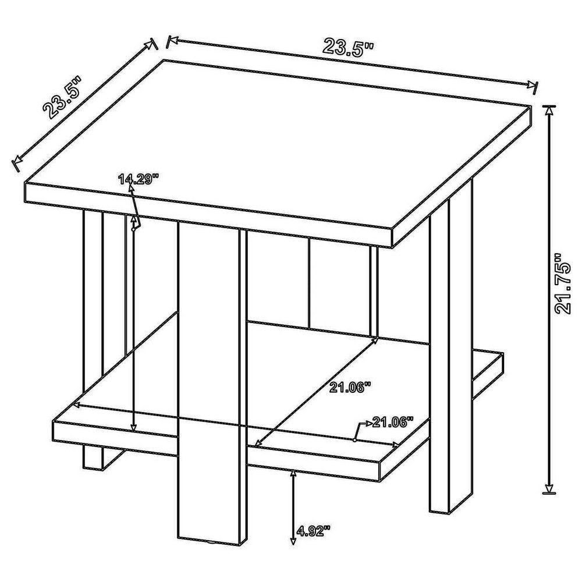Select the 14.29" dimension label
pos(139,179)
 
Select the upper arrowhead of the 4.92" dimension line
pos(293,474)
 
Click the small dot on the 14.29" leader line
pos(133,229)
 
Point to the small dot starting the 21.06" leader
pos(354,440)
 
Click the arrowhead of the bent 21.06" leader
pos(368,423)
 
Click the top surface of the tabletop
pos(279,145)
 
